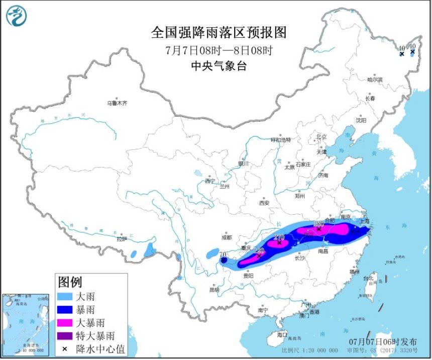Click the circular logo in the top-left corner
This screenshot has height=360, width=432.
[x=16, y=16]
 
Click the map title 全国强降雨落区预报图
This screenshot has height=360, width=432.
[x=219, y=33]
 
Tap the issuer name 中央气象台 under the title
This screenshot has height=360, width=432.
[x=219, y=66]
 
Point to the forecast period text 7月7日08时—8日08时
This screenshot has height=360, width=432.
[x=219, y=50]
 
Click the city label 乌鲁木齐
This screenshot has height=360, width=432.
[x=117, y=103]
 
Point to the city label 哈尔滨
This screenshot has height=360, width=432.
[x=375, y=79]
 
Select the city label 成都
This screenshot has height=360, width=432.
[x=226, y=237]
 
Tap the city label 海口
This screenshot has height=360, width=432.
[x=282, y=334]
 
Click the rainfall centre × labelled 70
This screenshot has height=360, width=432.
[x=223, y=260]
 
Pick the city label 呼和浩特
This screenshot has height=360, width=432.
[x=281, y=139]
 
